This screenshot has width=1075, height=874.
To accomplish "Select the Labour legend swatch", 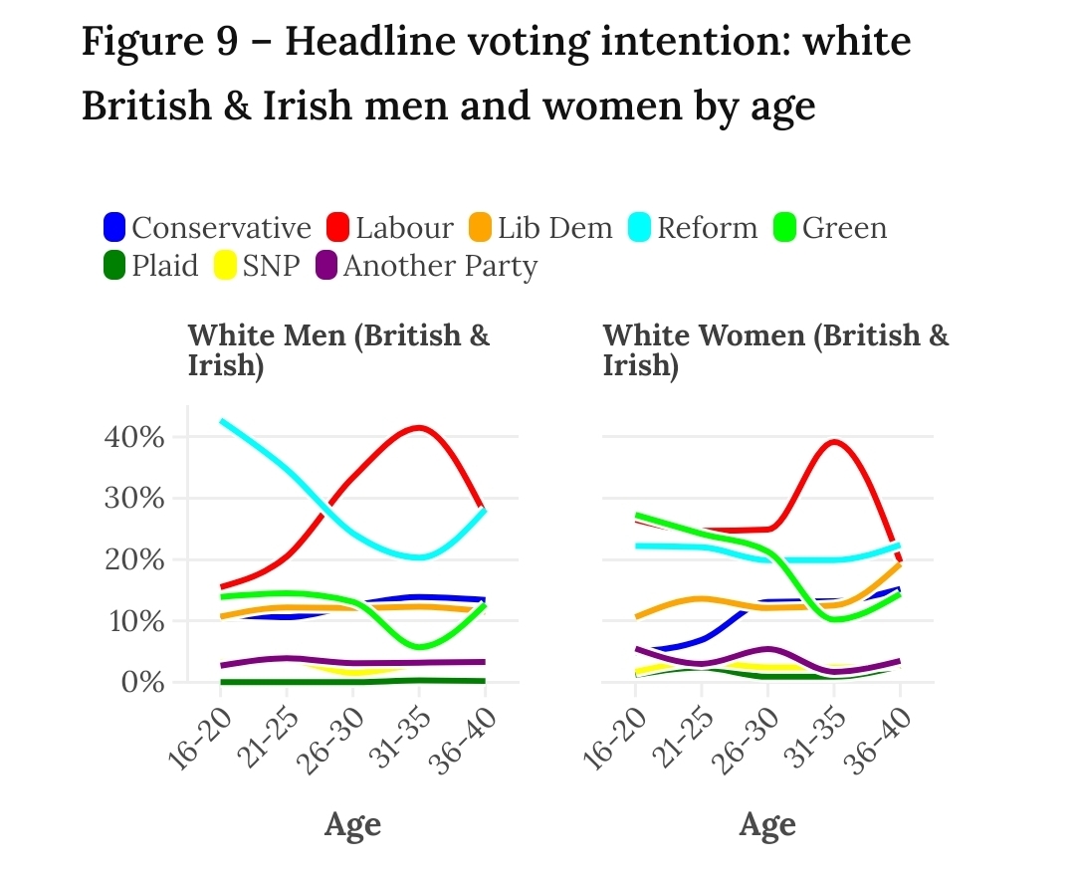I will [339, 229].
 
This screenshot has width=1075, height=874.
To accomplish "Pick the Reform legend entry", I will [706, 229].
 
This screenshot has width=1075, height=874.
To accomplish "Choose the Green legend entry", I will [844, 229].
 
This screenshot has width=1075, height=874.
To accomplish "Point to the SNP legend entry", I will [270, 267].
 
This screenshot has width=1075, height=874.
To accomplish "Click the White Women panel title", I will [775, 349].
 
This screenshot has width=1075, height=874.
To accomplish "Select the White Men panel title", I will [338, 349].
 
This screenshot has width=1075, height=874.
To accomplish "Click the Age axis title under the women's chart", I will [767, 825].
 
